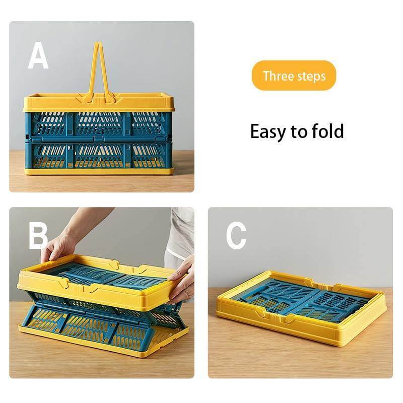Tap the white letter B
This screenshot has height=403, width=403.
[x=38, y=235]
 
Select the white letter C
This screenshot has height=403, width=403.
[x=236, y=235]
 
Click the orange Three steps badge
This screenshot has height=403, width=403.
[x=294, y=76]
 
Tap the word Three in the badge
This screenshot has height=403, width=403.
[x=278, y=76]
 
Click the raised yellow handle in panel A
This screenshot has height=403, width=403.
[x=99, y=71]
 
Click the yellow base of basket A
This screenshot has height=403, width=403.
[x=99, y=171]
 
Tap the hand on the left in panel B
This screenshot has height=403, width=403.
[x=59, y=247]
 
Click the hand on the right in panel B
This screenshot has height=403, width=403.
[x=182, y=282]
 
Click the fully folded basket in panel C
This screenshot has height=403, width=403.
[x=301, y=307]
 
